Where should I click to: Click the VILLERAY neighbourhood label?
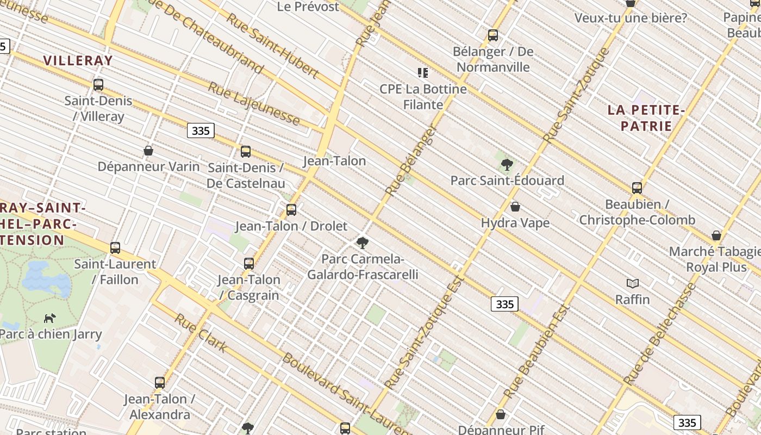78,60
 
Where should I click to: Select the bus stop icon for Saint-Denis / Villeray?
98,85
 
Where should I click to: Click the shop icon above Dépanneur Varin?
148,151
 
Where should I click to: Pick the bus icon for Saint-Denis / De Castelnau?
246,152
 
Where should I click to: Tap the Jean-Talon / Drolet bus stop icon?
291,210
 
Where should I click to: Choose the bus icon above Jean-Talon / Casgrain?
249,264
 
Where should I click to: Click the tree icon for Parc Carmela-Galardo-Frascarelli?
363,243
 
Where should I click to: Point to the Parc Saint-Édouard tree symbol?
507,164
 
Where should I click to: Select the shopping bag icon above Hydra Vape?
515,207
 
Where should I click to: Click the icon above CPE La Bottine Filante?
423,72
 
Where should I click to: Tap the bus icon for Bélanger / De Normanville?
493,35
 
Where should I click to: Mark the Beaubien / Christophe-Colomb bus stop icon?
637,188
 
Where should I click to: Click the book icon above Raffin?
632,283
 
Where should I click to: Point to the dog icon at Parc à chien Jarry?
50,318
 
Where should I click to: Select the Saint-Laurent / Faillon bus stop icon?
115,248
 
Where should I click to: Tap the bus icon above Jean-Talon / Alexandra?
159,383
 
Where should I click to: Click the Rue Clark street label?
200,333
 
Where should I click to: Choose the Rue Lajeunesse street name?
254,103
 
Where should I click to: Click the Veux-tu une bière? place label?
631,18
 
